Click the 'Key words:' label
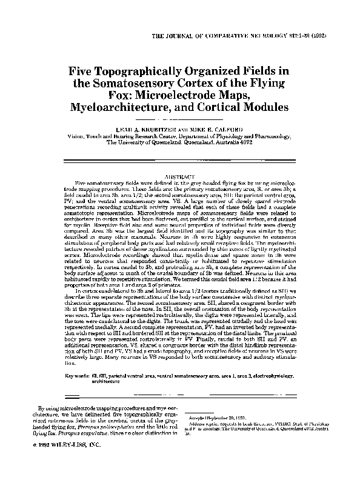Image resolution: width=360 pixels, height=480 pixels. coord(79,377)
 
